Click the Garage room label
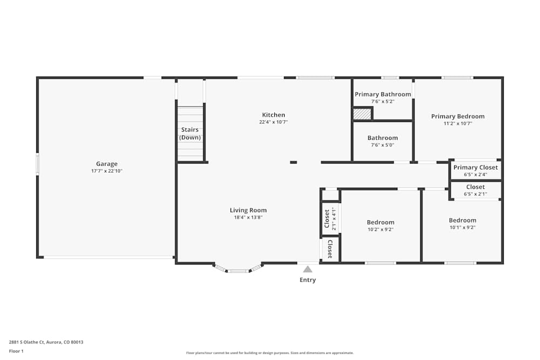[106, 164]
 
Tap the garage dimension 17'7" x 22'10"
[106, 171]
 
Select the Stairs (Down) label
[190, 133]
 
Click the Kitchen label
[273, 115]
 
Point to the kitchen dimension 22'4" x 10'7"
[273, 122]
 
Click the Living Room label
[248, 210]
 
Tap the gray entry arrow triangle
[307, 269]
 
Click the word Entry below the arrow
[307, 280]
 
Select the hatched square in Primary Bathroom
[362, 114]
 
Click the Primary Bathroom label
[382, 94]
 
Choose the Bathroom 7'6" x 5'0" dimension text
[382, 145]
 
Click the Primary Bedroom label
[457, 116]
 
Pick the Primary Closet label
[475, 167]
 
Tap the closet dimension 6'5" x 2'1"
[475, 194]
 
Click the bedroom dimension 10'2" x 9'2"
[380, 229]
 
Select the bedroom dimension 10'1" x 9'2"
[462, 227]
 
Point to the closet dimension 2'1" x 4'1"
[334, 219]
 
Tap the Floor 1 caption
[16, 351]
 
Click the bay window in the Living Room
[238, 269]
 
